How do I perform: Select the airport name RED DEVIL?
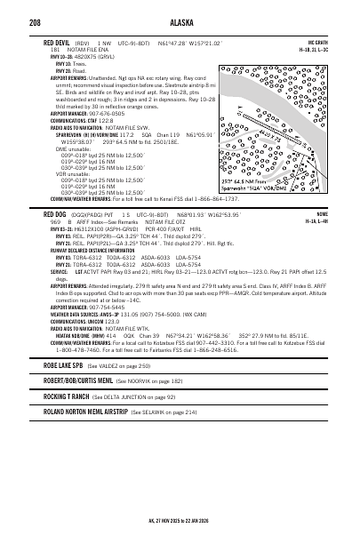[44, 43]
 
